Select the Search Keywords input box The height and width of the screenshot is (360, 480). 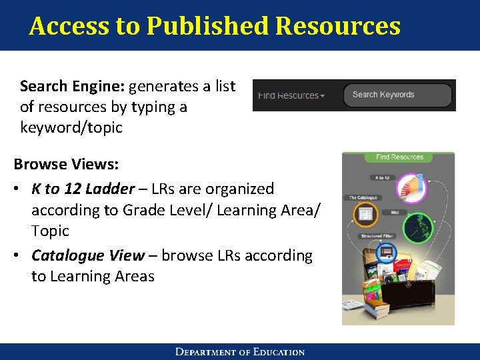397,95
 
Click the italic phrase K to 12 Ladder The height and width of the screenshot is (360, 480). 83,189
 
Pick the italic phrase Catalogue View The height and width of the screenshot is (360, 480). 87,255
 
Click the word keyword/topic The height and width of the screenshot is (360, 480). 71,127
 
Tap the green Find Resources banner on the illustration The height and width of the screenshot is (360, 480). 399,157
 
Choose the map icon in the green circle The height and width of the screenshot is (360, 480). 418,228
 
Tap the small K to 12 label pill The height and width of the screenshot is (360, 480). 383,178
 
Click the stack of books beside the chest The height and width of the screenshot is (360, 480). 377,307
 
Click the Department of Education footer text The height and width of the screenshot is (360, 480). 240,352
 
